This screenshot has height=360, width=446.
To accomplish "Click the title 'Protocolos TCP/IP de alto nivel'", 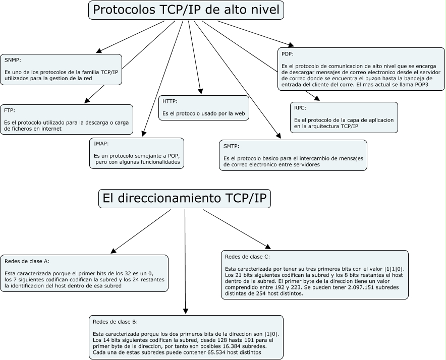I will [186, 10].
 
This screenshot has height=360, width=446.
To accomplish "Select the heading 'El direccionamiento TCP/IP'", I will [185, 198].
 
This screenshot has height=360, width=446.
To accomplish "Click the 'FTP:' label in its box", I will [10, 110].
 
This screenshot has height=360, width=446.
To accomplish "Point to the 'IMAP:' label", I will [101, 144].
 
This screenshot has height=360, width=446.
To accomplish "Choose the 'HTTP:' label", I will [170, 101].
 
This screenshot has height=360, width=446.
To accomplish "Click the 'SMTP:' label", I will [232, 146].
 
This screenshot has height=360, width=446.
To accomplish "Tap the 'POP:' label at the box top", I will [288, 54].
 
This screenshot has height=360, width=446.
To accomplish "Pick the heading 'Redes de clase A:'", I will [27, 261].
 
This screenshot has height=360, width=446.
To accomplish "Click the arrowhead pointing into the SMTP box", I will [279, 136].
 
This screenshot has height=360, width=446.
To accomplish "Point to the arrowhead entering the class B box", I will [186, 312].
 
